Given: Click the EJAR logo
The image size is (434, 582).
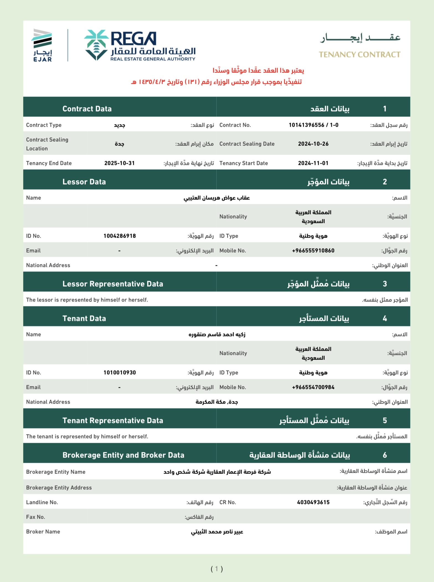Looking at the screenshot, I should pos(42,45).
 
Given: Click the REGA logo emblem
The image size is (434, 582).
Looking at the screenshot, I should pos(96,45).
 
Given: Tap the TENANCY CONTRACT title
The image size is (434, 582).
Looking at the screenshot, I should pos(359,54).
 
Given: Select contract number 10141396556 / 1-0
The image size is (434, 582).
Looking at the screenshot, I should pos(313,125).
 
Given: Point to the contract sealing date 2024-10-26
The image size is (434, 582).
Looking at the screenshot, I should pos(313,144).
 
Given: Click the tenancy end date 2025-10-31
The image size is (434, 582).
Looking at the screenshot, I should pos(119,163).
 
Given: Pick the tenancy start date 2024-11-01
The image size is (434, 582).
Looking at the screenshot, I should pos(313,163).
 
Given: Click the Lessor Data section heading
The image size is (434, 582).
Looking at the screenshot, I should pos(84,182).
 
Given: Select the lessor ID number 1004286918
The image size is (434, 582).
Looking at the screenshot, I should pos(120,236).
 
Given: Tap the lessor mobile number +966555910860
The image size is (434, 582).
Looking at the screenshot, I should pos(313,251).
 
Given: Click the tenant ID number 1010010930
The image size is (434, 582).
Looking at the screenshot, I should pos(120,373).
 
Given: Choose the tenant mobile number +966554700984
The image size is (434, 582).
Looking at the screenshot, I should pos(313,387).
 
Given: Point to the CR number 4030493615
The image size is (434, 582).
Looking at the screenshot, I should pos(313,502).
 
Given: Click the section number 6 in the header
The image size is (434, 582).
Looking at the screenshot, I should pos(385,455).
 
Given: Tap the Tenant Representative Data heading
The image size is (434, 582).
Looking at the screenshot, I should pos(113,420).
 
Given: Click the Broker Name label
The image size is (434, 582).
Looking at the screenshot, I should pos(43,532).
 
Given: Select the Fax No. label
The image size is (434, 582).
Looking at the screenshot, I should pos(35,517).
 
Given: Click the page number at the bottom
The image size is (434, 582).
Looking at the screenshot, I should pos(217,569).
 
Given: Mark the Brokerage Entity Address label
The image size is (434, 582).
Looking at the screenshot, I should pos(59,488).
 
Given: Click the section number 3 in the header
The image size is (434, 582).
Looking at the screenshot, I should pos(385,284).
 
